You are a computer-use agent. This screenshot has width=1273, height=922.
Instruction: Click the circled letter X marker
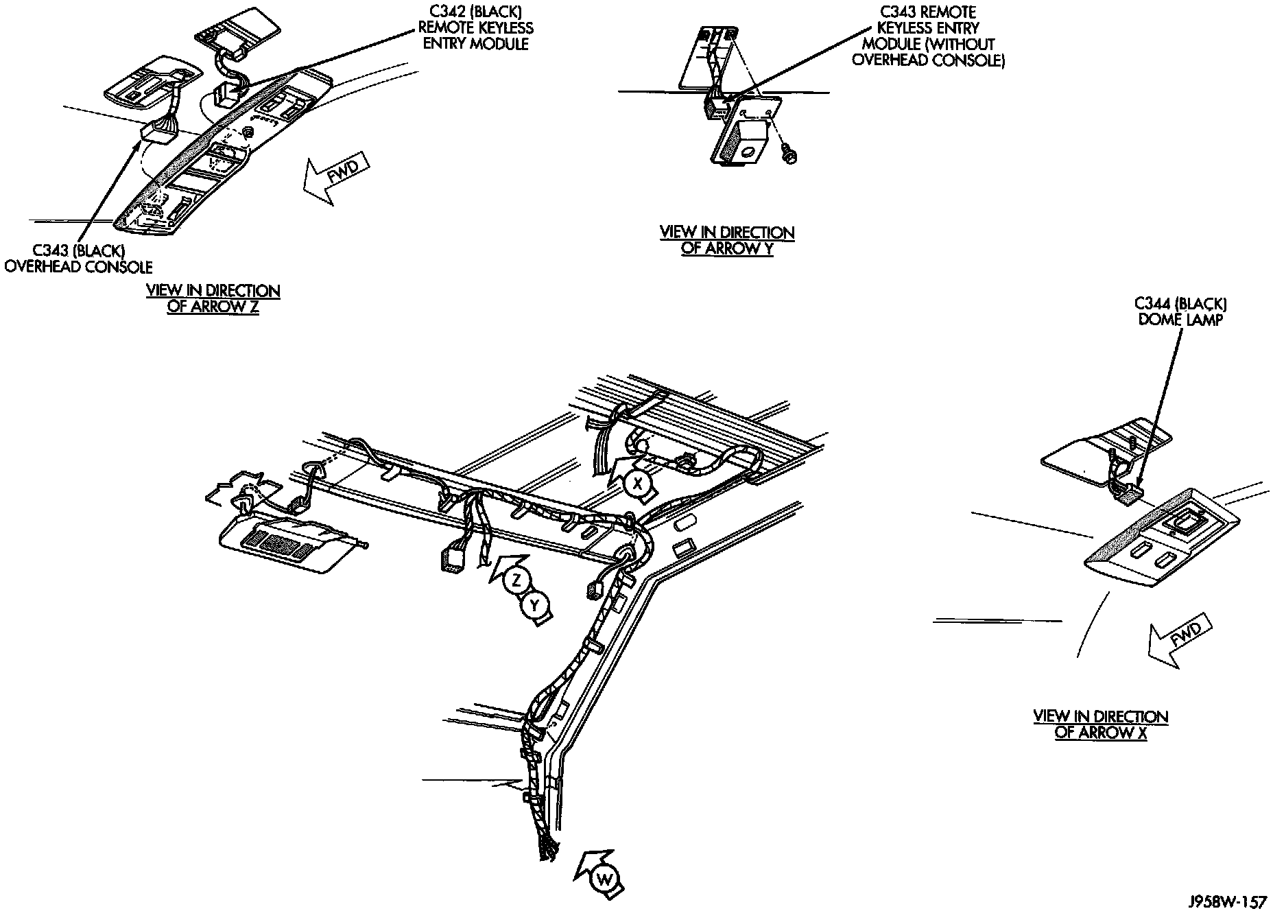[x=638, y=483]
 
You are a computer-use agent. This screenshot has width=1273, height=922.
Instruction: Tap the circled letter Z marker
[x=515, y=581]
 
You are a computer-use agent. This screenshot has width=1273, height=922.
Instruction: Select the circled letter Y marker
[x=536, y=605]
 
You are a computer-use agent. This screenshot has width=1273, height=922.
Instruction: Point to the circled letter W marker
[x=604, y=879]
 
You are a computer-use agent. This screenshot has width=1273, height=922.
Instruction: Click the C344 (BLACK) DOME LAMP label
[x=1180, y=311]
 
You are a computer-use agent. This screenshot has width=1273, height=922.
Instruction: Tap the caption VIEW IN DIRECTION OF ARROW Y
[x=727, y=241]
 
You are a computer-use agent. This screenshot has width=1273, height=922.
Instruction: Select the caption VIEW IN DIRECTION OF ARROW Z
[x=213, y=299]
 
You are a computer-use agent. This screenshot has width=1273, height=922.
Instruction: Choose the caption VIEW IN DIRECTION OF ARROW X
[x=1100, y=724]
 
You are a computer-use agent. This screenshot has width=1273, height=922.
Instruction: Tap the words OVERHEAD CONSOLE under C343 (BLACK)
[x=78, y=267]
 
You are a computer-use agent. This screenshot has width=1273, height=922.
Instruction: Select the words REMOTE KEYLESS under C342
[x=476, y=28]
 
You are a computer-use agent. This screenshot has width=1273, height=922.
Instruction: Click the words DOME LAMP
[x=1180, y=320]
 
